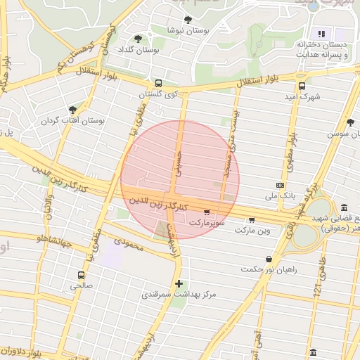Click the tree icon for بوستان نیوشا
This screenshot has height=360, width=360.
pos(187,20)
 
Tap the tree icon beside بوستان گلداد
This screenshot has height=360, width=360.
pos(138,39)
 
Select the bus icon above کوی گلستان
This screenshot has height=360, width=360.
pos(157,83)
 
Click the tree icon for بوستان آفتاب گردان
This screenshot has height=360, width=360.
pos(72,110)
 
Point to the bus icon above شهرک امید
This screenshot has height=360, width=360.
pos(302,86)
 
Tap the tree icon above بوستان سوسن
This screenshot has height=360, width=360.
pos(350,122)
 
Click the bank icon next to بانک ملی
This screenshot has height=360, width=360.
pos(281,186)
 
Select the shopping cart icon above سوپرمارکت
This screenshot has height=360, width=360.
pos(206,212)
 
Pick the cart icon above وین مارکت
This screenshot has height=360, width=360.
pos(252,219)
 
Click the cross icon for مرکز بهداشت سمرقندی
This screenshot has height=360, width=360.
pos(179,284)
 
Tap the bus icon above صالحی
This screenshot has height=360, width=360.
pos(82,275)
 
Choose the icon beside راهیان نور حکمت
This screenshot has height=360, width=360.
pos(269,259)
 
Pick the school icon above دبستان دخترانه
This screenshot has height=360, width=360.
pos(321,33)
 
